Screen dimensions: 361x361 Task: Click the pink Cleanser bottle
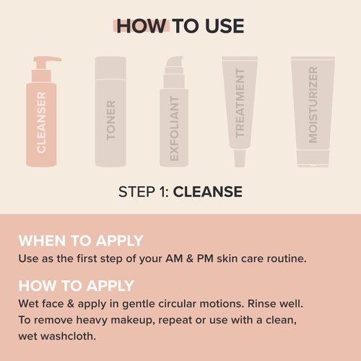click(x=41, y=123)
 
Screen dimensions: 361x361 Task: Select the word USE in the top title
click(x=222, y=27)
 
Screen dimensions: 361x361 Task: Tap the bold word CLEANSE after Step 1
click(x=208, y=192)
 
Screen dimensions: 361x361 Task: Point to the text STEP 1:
click(x=144, y=192)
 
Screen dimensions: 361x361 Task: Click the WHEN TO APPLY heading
click(x=81, y=240)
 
